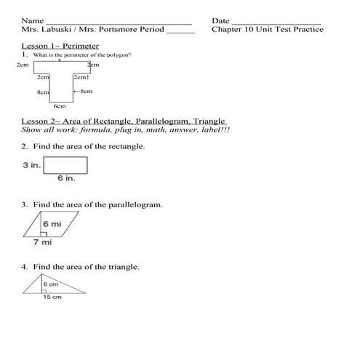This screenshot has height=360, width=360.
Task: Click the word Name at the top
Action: (32, 20)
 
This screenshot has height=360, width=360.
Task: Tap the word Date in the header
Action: (220, 20)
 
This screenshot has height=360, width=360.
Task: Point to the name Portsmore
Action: (124, 30)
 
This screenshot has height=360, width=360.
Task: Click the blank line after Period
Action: (180, 31)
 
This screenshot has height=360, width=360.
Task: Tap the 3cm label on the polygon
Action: (93, 65)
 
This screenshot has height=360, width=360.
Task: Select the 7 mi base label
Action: (42, 242)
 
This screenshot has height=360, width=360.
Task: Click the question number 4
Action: (24, 267)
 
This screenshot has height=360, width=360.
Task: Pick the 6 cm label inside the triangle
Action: (50, 284)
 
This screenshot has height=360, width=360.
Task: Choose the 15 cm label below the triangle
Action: (52, 297)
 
